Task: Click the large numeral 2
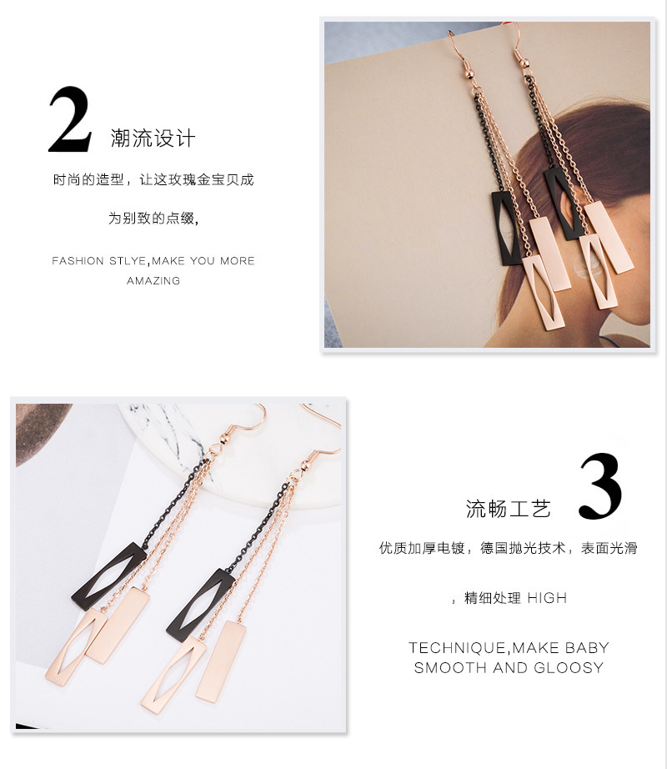tap(70, 119)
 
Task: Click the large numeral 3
tap(601, 486)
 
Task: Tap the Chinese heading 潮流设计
tap(153, 138)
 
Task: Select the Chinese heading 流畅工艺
tap(509, 509)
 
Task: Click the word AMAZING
tap(153, 281)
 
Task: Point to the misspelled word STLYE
tap(128, 261)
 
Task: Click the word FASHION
tap(78, 261)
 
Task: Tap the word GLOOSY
tap(569, 667)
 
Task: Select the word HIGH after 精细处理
tap(547, 598)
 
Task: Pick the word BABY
tap(587, 648)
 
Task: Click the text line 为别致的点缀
tap(153, 218)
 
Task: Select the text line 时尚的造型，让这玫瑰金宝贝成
tap(153, 180)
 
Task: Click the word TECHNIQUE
tap(457, 648)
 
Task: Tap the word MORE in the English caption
tap(237, 261)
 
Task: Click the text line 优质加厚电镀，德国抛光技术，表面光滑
tap(509, 548)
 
